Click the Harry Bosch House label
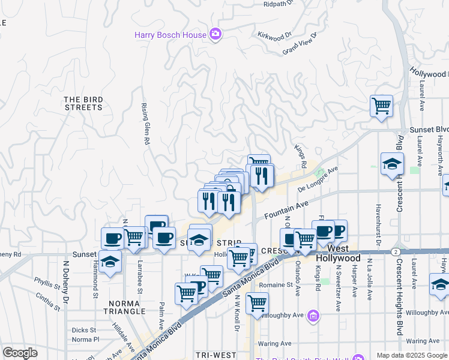(170, 35)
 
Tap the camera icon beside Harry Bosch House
(215, 34)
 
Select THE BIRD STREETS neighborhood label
(83, 103)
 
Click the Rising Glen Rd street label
(145, 124)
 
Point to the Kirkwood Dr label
(274, 36)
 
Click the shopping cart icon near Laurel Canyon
(381, 107)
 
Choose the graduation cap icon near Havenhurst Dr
(392, 164)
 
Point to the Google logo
(19, 353)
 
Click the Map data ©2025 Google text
(411, 355)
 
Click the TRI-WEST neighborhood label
(216, 355)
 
